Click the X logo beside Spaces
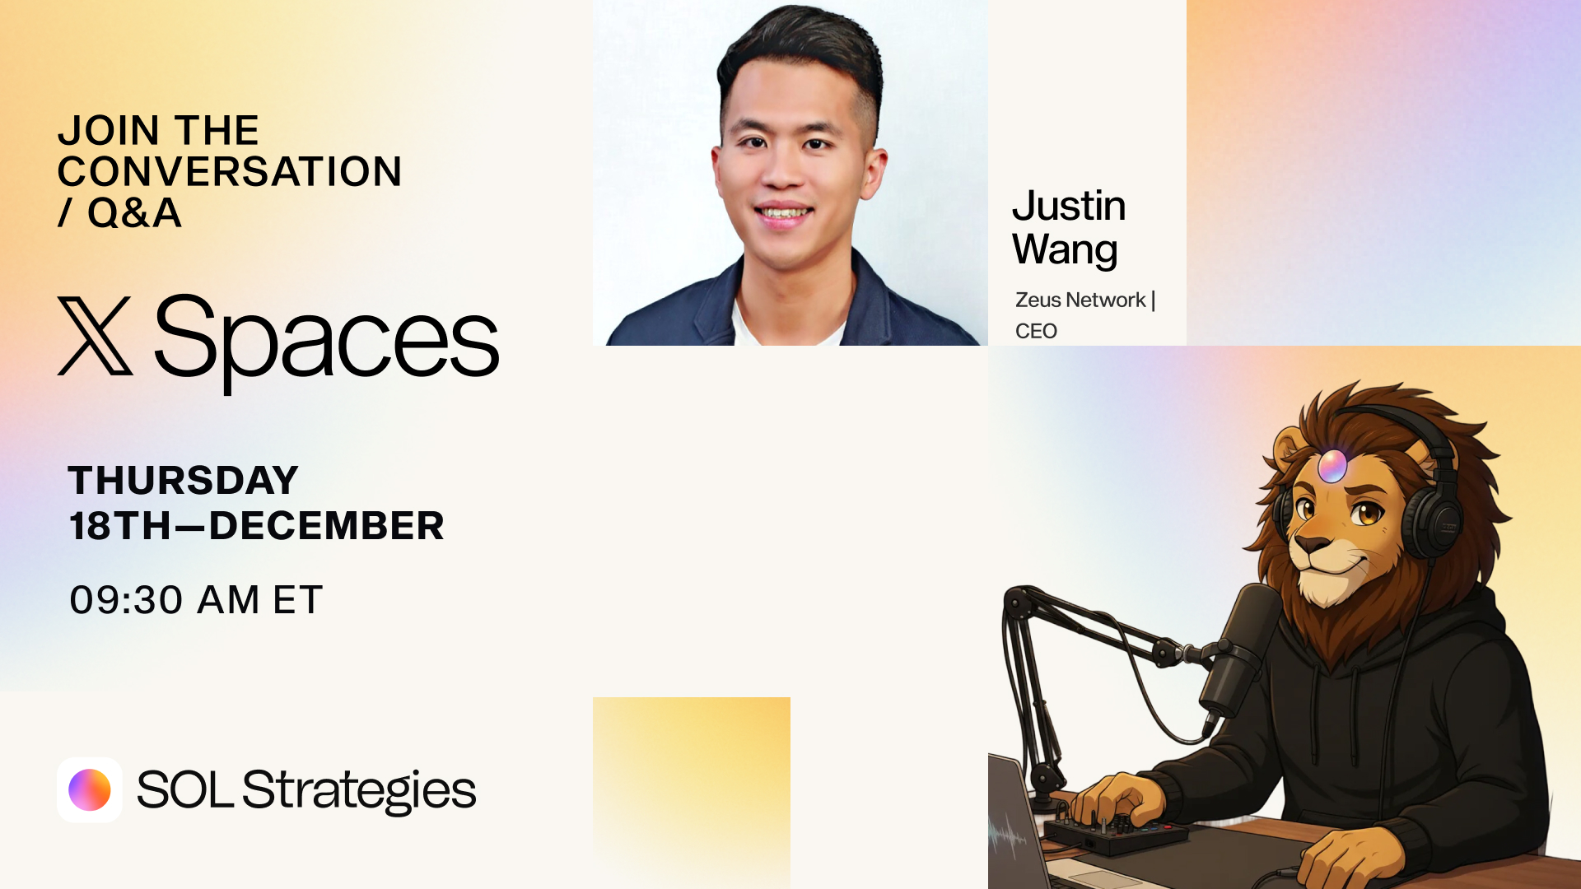coord(96,336)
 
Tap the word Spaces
coord(326,342)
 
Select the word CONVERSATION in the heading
coord(230,171)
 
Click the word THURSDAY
coord(183,480)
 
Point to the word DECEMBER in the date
coord(327,525)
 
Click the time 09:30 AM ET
coord(196,599)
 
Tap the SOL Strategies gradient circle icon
coord(90,790)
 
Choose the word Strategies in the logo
coord(359,791)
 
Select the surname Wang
coord(1065,250)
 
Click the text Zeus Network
coord(1080,300)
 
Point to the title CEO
coord(1036,331)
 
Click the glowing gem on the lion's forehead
coord(1331,466)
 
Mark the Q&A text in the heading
coord(134,212)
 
